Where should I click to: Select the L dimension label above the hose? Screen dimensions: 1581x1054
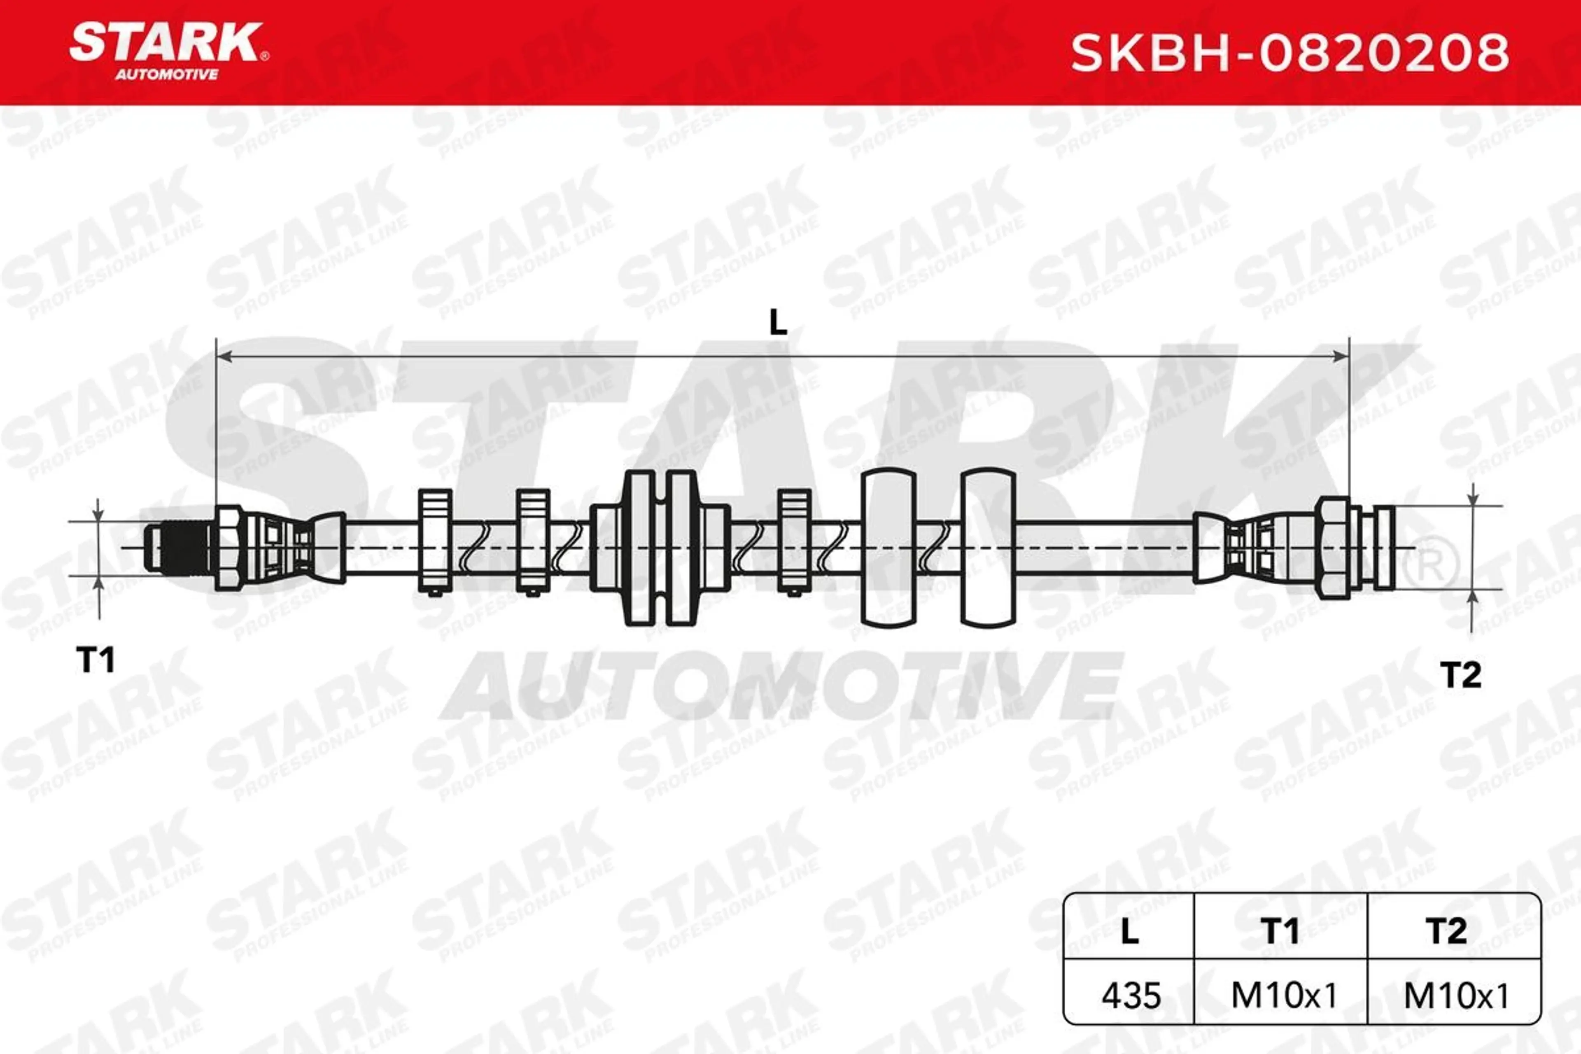pyautogui.click(x=778, y=323)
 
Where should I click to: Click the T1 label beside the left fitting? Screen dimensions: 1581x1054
pyautogui.click(x=96, y=660)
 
